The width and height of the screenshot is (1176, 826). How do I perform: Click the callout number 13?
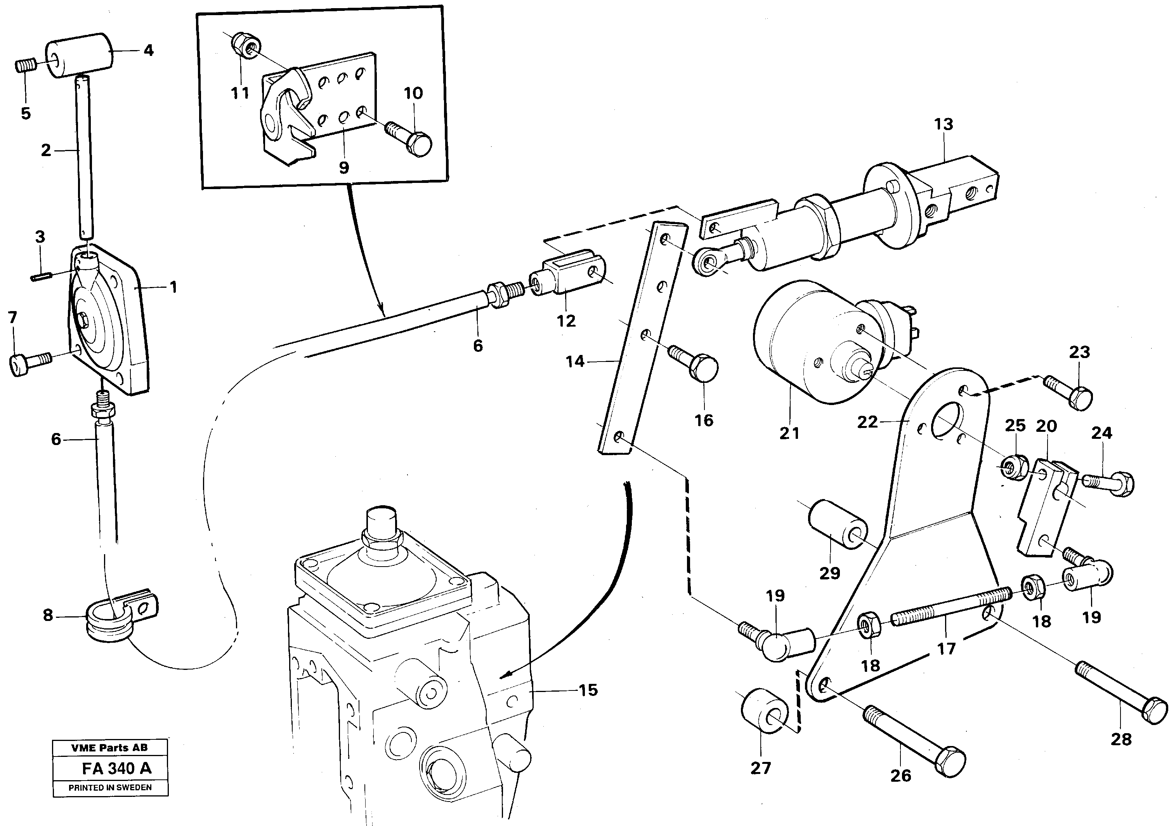944,125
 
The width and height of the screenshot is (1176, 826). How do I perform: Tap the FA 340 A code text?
116,769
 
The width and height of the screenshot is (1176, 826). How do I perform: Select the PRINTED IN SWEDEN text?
110,788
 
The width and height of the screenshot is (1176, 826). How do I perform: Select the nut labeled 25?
1013,466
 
